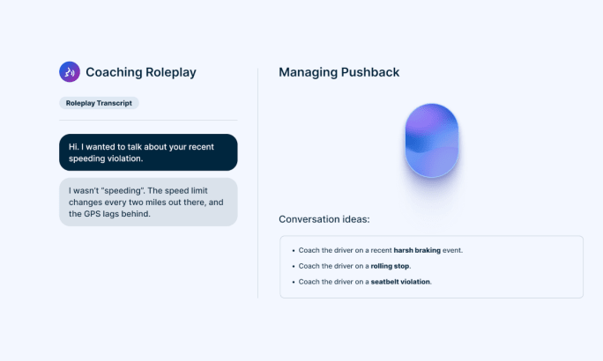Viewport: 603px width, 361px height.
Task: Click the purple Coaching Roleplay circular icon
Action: [70, 72]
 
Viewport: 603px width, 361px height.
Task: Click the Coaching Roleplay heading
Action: [141, 72]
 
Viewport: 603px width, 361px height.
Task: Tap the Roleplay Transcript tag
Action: [99, 103]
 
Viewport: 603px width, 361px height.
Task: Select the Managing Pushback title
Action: [339, 72]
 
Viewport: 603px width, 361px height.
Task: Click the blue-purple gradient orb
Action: [431, 141]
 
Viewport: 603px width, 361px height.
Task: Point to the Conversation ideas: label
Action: [324, 219]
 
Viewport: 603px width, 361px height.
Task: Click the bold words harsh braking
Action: [417, 250]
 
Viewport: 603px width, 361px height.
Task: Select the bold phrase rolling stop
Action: [390, 266]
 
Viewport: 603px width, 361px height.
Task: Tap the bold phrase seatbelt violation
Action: [400, 282]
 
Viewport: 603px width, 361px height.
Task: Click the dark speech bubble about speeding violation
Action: [148, 152]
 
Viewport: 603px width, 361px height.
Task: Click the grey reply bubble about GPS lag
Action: [148, 202]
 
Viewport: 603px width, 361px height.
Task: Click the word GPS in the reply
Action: [93, 214]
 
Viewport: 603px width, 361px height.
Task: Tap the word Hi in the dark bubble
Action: [73, 147]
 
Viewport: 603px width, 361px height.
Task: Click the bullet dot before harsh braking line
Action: [294, 251]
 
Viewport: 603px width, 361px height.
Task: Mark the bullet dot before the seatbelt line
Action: [294, 283]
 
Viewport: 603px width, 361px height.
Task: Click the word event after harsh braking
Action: [452, 250]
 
